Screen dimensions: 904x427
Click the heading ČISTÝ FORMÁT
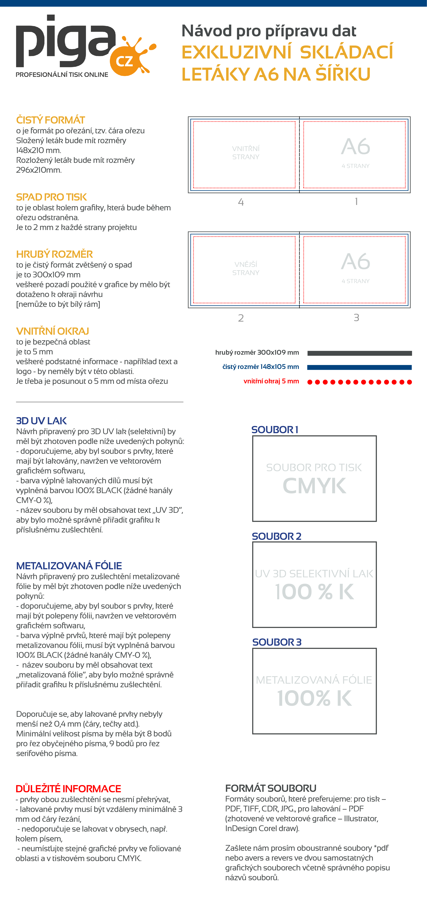coord(51,120)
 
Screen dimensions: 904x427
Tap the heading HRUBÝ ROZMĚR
coord(54,254)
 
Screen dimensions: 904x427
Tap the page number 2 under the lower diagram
coord(241,318)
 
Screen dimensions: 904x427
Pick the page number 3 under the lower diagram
coord(356,318)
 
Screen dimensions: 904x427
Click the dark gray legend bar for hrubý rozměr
coord(360,353)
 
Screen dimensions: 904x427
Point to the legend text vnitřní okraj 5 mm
coord(271,381)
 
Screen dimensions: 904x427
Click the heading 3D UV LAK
coord(41,421)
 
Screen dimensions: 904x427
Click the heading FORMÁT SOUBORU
coord(271,788)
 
